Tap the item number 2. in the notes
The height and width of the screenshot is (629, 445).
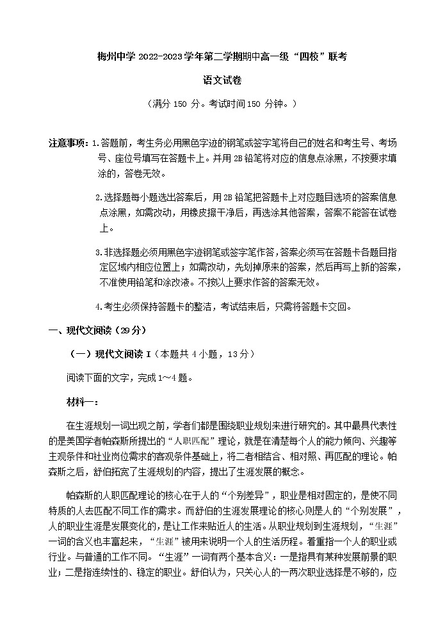tap(98, 197)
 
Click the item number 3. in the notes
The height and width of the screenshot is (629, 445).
tap(98, 252)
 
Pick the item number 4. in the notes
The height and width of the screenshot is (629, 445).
tap(98, 307)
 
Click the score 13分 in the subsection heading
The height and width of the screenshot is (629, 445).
tap(241, 353)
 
